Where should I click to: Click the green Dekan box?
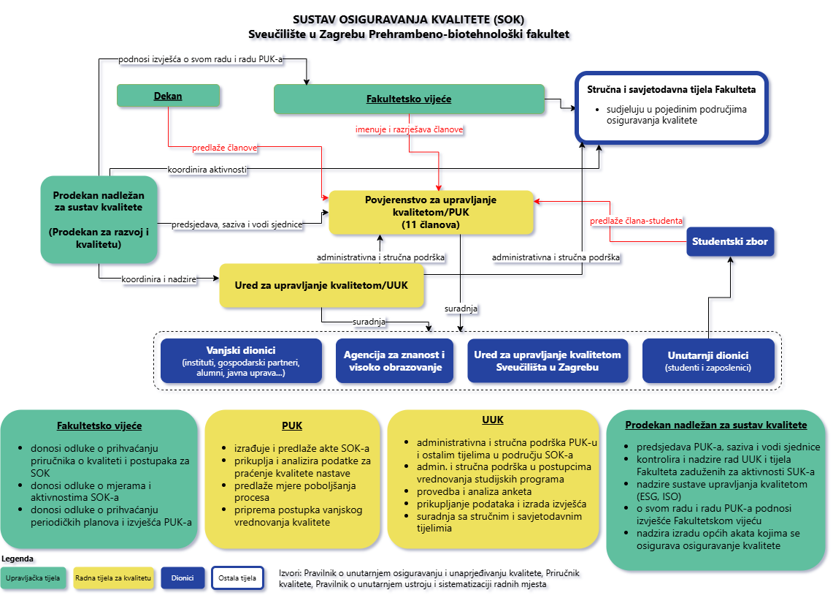[169, 96]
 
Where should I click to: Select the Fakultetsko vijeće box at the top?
[409, 99]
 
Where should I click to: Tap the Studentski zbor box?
[730, 241]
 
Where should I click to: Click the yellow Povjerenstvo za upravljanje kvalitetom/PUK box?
[431, 213]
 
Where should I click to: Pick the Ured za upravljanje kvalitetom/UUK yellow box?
[322, 284]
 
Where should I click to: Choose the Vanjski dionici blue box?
[241, 360]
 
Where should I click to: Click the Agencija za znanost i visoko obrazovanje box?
[394, 360]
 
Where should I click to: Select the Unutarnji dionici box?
[708, 360]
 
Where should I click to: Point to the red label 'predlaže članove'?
[225, 147]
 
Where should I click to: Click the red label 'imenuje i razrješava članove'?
[410, 129]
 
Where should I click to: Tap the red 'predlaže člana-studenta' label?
[637, 220]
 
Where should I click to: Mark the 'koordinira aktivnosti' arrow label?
[207, 170]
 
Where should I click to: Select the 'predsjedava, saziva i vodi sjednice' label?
[237, 224]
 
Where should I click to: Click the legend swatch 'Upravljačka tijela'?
[34, 578]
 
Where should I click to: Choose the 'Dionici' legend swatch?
[183, 578]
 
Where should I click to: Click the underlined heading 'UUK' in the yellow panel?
[493, 420]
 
